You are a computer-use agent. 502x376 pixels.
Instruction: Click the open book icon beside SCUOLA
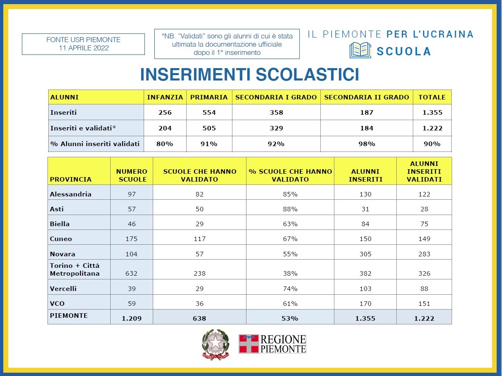point(360,50)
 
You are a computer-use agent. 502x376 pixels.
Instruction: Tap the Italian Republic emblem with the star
point(215,345)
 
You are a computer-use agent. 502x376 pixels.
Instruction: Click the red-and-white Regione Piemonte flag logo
point(249,344)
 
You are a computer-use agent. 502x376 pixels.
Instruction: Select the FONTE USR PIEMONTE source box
point(83,44)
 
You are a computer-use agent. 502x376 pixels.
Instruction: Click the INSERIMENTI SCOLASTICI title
point(249,74)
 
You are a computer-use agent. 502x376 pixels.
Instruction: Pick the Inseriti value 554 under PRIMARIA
point(209,112)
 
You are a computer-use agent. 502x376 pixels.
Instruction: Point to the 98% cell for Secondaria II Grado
point(367,144)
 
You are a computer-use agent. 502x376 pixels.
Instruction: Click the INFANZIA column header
point(165,97)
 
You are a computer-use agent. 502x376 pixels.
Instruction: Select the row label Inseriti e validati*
point(83,128)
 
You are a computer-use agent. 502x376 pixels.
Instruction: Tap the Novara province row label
point(62,254)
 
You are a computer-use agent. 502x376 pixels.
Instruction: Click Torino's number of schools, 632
point(131,273)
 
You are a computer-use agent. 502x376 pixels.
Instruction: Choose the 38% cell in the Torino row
point(290,273)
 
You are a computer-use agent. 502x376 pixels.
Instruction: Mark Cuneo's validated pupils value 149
point(424,239)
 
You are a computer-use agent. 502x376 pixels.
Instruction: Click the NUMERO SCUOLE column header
point(132,175)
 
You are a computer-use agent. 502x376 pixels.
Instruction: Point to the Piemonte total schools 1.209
point(132,318)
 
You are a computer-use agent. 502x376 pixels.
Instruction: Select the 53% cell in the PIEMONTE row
point(290,318)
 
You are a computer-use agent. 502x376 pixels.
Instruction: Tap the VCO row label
point(57,303)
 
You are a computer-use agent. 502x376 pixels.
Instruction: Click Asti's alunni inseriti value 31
point(365,209)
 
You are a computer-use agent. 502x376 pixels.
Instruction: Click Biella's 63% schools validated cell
point(290,224)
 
